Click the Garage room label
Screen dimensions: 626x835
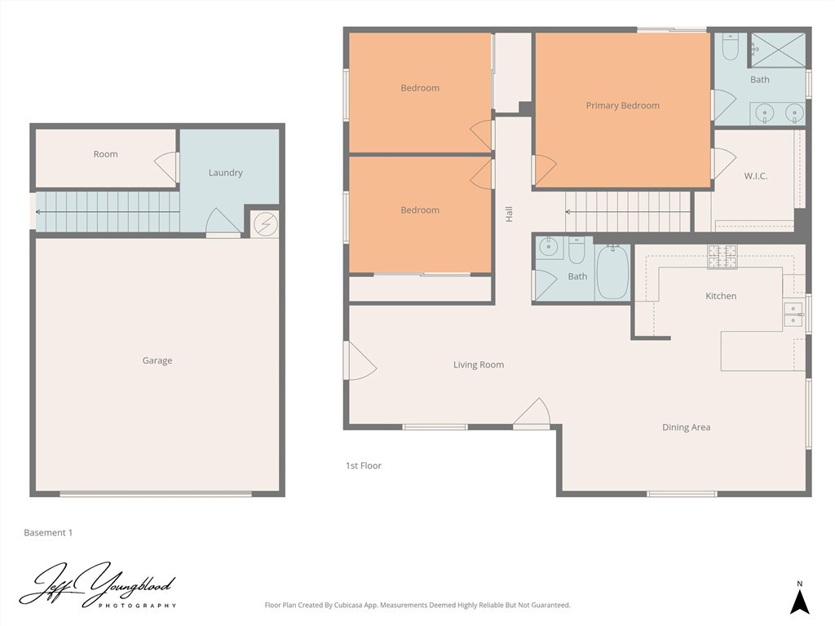pyautogui.click(x=157, y=361)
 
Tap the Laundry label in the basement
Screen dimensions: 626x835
pyautogui.click(x=225, y=173)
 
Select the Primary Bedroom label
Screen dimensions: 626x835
pyautogui.click(x=622, y=106)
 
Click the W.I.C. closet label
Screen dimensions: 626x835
pyautogui.click(x=755, y=176)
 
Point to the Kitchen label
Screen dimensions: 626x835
pyautogui.click(x=720, y=296)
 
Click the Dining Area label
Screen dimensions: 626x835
pyautogui.click(x=686, y=427)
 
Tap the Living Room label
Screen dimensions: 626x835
pyautogui.click(x=479, y=365)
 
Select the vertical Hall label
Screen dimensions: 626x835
pyautogui.click(x=509, y=214)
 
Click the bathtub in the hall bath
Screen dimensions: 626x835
pyautogui.click(x=612, y=272)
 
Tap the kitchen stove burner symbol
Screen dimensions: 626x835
pyautogui.click(x=722, y=257)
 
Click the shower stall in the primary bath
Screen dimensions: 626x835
pyautogui.click(x=777, y=49)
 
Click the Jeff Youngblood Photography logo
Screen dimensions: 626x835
pyautogui.click(x=98, y=586)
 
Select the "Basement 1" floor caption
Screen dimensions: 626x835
pyautogui.click(x=48, y=533)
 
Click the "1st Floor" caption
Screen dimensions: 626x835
pyautogui.click(x=364, y=466)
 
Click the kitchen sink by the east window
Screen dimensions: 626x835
pyautogui.click(x=793, y=314)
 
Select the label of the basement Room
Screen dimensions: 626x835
pyautogui.click(x=105, y=154)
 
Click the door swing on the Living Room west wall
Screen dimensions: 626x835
pyautogui.click(x=360, y=361)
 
